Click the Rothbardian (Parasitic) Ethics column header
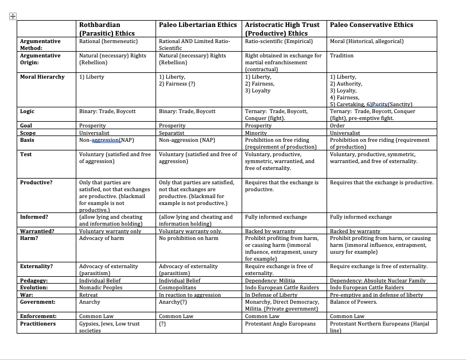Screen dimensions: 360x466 (107, 29)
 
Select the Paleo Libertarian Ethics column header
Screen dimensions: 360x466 (197, 25)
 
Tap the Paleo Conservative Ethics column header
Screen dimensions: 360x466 (371, 25)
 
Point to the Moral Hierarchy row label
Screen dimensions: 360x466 (42, 76)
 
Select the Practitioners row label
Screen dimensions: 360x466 (38, 324)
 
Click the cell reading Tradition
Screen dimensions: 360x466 (342, 56)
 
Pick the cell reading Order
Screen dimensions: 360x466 (337, 125)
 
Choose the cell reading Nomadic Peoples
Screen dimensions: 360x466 (100, 288)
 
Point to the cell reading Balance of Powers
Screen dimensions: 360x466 (354, 302)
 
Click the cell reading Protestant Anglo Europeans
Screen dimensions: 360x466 (280, 324)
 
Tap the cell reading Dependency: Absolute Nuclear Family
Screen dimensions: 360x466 (378, 281)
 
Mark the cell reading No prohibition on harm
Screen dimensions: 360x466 (188, 238)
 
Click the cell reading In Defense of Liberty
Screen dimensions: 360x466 (271, 295)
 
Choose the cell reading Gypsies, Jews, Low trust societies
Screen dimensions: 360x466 (109, 327)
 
